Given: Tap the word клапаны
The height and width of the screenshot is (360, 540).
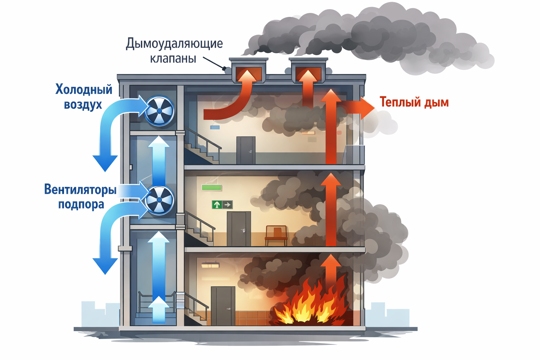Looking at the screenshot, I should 173,58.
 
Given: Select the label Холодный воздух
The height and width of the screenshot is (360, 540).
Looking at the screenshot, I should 84,97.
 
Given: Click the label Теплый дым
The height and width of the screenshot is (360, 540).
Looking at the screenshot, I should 414,102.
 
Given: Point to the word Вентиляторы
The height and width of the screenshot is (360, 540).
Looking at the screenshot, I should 80,189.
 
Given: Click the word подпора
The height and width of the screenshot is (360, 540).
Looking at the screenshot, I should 81,204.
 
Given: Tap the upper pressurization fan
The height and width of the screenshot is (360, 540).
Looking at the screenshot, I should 160,111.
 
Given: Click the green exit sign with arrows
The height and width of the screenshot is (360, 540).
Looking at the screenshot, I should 222,204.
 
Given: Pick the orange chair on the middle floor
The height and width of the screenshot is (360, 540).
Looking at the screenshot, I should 276,234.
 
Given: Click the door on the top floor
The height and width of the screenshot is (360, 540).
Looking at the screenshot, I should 246,150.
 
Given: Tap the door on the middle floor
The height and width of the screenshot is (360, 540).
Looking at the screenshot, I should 239,229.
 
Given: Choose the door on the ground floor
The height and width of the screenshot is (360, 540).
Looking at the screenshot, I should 223,306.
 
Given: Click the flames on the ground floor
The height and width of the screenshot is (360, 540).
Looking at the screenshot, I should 309,304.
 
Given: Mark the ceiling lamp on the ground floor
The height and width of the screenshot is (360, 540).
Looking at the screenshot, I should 210,265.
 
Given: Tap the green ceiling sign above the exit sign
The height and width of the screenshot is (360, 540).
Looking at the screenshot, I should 211,188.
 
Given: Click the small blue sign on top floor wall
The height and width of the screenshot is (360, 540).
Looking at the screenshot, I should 215,127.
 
